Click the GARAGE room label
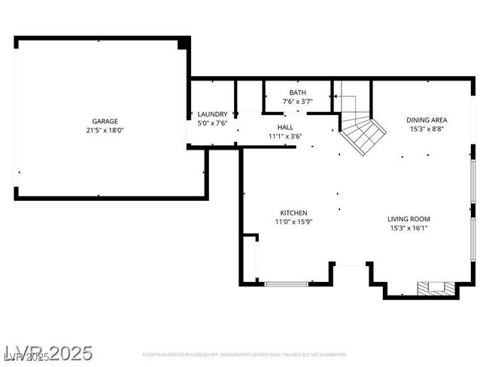(105, 121)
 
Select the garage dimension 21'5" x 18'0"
(105, 130)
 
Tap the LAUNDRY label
(212, 114)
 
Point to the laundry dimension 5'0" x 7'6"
(212, 123)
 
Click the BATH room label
(297, 93)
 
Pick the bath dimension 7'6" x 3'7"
(297, 101)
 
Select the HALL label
(285, 128)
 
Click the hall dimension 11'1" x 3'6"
(285, 136)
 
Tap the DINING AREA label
(427, 120)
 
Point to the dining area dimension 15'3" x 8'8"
(427, 129)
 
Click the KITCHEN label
(293, 213)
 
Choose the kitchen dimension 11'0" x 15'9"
(293, 222)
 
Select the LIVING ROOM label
(409, 219)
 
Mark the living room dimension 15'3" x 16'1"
(409, 228)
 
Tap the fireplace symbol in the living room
(436, 287)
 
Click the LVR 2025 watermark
(48, 352)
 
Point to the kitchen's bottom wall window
(287, 284)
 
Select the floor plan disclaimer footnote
(244, 354)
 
